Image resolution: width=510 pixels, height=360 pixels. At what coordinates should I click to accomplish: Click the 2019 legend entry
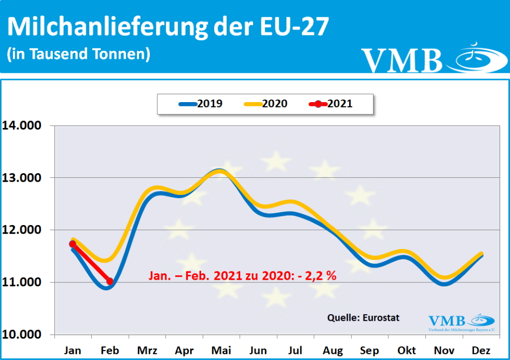(x=201, y=104)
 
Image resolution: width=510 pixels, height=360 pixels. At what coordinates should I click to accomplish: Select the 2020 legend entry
(x=265, y=104)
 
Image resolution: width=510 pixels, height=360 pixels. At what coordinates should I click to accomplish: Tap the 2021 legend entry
(x=331, y=104)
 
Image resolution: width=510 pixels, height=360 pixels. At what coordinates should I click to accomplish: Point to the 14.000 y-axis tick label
(x=23, y=125)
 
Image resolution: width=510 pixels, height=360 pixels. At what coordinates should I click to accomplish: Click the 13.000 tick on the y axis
(x=23, y=178)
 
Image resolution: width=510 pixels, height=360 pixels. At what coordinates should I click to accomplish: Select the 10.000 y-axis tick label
(x=23, y=335)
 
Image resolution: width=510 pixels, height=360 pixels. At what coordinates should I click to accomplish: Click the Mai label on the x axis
(x=221, y=350)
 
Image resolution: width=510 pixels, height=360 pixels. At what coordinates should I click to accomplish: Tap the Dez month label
(x=480, y=350)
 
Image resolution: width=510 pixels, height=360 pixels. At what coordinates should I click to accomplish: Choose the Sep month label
(x=369, y=350)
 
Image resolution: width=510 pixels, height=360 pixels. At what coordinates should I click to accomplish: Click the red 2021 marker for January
(x=73, y=244)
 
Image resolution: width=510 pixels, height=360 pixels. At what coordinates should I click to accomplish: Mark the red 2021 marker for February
(x=110, y=281)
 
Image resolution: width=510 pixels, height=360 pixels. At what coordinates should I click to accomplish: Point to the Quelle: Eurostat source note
(x=363, y=317)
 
